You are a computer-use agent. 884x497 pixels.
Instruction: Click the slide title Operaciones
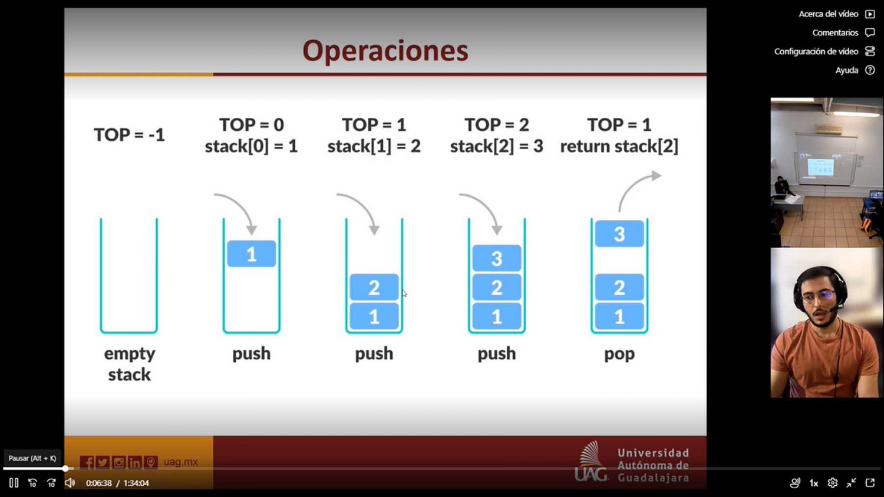(x=385, y=51)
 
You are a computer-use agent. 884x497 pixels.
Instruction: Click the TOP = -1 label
(x=130, y=135)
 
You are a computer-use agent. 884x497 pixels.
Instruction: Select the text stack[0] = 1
(x=252, y=146)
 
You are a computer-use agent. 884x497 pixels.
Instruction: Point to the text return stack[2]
(x=619, y=146)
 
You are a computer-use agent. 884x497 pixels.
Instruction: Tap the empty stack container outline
(x=101, y=277)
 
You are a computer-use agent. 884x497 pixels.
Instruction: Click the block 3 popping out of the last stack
(x=619, y=233)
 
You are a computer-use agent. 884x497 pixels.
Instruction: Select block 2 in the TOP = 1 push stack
(x=374, y=287)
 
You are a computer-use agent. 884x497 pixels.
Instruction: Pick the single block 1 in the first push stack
(x=252, y=254)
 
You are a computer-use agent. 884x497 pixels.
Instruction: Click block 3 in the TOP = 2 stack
(x=496, y=258)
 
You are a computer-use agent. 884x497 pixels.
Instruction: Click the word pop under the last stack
(x=619, y=354)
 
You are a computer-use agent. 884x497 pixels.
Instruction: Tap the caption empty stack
(x=130, y=364)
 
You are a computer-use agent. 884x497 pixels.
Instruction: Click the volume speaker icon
(x=70, y=483)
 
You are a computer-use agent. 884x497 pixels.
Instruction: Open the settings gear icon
(x=832, y=483)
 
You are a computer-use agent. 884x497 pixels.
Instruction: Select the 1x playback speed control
(x=814, y=483)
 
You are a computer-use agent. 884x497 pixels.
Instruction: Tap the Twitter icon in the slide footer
(x=103, y=462)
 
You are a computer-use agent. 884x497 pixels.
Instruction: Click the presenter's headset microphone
(x=836, y=308)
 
